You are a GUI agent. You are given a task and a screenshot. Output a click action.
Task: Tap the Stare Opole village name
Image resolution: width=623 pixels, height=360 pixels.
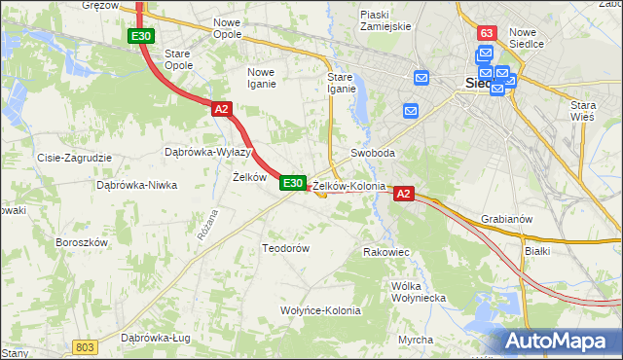178,59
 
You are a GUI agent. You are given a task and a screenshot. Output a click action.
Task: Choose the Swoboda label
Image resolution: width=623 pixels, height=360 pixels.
373,154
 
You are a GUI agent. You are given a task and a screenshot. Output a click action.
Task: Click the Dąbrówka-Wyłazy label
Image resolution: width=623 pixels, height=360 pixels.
208,152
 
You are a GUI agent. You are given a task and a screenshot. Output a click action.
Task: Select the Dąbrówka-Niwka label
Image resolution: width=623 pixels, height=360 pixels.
134,184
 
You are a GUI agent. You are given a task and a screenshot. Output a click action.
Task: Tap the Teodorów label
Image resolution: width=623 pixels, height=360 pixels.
285,248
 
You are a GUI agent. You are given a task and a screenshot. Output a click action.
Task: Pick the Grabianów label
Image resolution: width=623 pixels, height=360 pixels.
506,219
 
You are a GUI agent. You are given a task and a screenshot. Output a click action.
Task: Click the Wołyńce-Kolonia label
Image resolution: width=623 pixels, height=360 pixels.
320,310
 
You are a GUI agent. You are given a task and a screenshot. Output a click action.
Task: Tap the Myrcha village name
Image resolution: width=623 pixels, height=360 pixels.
416,339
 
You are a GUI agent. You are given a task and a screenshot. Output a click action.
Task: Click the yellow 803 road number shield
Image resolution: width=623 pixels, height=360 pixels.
85,346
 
